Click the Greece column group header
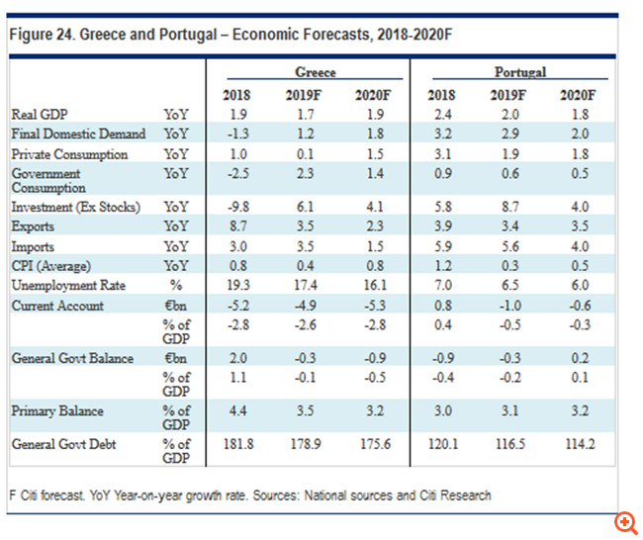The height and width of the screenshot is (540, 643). pyautogui.click(x=317, y=72)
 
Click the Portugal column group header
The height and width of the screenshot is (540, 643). pyautogui.click(x=520, y=72)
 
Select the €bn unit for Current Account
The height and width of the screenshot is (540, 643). pyautogui.click(x=176, y=306)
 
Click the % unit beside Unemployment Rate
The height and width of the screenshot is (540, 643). pyautogui.click(x=176, y=285)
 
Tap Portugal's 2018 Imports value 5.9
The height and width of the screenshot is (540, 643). pyautogui.click(x=441, y=246)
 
